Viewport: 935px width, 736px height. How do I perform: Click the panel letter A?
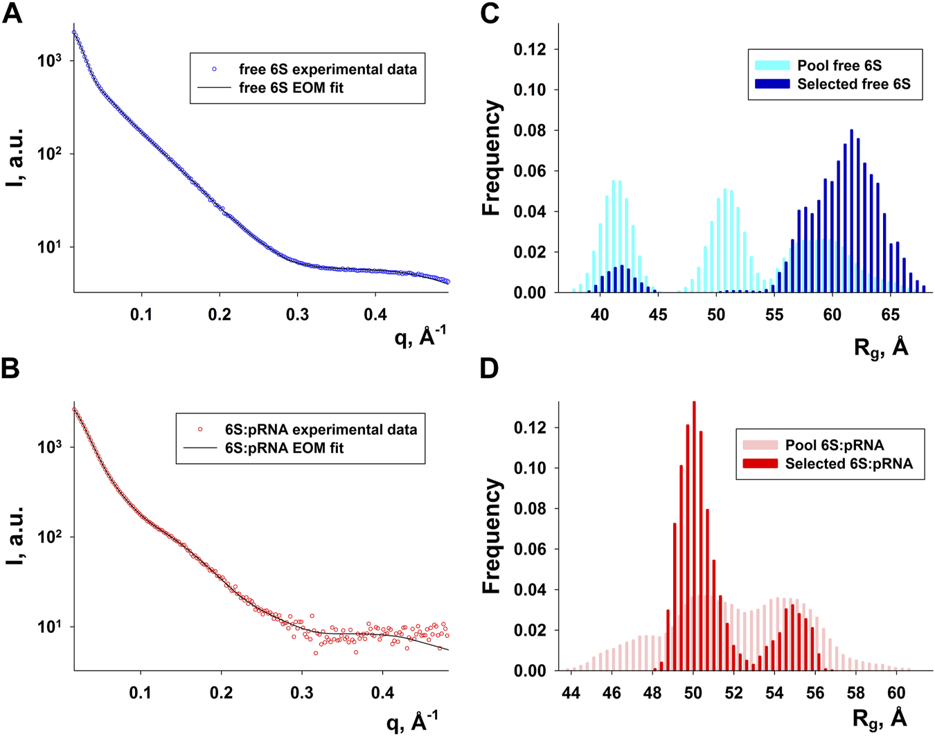pyautogui.click(x=12, y=13)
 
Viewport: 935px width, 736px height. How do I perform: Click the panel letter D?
pyautogui.click(x=489, y=368)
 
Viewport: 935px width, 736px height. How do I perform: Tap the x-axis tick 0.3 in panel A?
pyautogui.click(x=298, y=315)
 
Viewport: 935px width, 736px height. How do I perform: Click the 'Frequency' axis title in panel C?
pyautogui.click(x=491, y=158)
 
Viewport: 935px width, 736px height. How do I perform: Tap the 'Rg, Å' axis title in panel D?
pyautogui.click(x=880, y=717)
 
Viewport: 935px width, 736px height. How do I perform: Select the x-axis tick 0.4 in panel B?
pyautogui.click(x=382, y=693)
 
